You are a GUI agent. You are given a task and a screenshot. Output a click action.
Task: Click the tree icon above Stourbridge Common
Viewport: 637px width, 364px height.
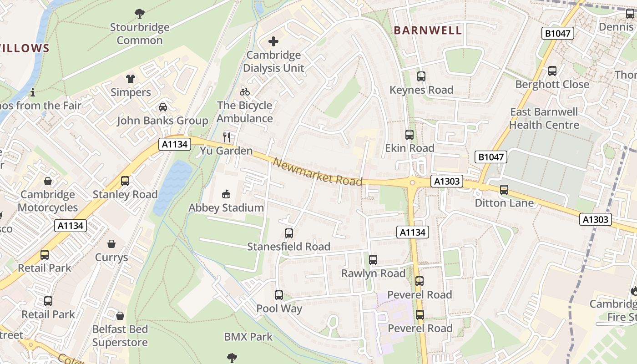[140, 14]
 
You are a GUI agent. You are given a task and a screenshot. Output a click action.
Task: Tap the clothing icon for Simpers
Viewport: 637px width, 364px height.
[131, 79]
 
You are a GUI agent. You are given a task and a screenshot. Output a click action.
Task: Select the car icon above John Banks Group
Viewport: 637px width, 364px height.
[162, 107]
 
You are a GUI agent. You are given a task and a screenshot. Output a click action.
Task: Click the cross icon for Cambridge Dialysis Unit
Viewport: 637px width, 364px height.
[273, 42]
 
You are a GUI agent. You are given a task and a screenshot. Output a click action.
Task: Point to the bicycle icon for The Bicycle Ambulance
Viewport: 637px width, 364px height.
[245, 92]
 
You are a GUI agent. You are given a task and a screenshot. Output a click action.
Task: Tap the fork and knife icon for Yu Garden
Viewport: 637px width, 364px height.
[227, 137]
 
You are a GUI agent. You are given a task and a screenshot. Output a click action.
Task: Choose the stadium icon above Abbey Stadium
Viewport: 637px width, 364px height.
[226, 194]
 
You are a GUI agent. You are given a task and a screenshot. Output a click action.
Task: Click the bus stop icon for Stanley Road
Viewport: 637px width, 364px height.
[125, 181]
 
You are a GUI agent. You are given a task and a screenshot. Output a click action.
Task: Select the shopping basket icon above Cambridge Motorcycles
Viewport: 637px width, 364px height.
[48, 181]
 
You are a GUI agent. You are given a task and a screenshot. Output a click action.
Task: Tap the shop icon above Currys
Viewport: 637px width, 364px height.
[111, 244]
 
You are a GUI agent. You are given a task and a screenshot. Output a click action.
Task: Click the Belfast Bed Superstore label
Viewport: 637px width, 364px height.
[120, 336]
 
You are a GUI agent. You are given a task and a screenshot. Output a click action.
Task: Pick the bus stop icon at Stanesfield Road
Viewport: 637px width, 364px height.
[288, 233]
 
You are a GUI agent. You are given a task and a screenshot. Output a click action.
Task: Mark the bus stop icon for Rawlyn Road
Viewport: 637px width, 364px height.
[373, 260]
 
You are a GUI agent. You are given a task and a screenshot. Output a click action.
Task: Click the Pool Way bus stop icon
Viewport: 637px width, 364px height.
[279, 295]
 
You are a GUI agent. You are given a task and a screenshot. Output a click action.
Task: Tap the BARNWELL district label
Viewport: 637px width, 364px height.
[427, 30]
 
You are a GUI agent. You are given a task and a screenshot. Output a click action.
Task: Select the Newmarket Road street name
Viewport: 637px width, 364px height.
[318, 172]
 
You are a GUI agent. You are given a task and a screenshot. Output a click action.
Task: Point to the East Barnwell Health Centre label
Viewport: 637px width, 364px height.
[544, 118]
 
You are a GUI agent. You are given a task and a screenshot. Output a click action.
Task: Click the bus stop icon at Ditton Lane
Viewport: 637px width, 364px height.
[504, 190]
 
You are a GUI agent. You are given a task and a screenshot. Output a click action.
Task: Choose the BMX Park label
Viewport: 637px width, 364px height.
[248, 337]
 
